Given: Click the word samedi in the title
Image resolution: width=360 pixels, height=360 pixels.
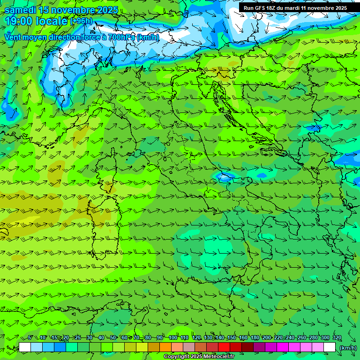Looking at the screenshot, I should [x=20, y=10].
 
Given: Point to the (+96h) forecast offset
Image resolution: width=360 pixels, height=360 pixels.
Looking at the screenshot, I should [x=82, y=21].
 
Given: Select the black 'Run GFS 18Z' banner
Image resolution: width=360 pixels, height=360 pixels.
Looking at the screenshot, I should [x=295, y=7].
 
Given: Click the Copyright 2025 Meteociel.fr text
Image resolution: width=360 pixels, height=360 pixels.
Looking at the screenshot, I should [x=199, y=357].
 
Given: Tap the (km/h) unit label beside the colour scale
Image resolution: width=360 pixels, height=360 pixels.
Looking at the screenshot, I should [x=348, y=347].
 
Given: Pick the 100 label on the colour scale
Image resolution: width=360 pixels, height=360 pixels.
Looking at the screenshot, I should [x=172, y=338].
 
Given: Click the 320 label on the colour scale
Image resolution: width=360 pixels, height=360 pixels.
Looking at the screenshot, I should [x=337, y=338].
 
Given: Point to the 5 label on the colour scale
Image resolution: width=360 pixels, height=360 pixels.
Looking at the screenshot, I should [x=30, y=338].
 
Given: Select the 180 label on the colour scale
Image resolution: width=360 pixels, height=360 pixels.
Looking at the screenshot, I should [x=255, y=338].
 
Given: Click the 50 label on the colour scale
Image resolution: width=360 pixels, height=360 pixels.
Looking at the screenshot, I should [x=113, y=338].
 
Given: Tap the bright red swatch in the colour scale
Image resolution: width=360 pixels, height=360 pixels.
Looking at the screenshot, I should [x=224, y=347].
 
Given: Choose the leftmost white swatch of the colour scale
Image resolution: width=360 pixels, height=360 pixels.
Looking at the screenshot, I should [x=25, y=347].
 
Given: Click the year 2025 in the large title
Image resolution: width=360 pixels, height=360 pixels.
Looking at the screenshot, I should [x=105, y=10].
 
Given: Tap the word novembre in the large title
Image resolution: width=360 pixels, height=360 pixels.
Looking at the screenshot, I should [x=72, y=10].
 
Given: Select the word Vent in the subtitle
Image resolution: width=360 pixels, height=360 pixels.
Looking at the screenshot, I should [x=14, y=37].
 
